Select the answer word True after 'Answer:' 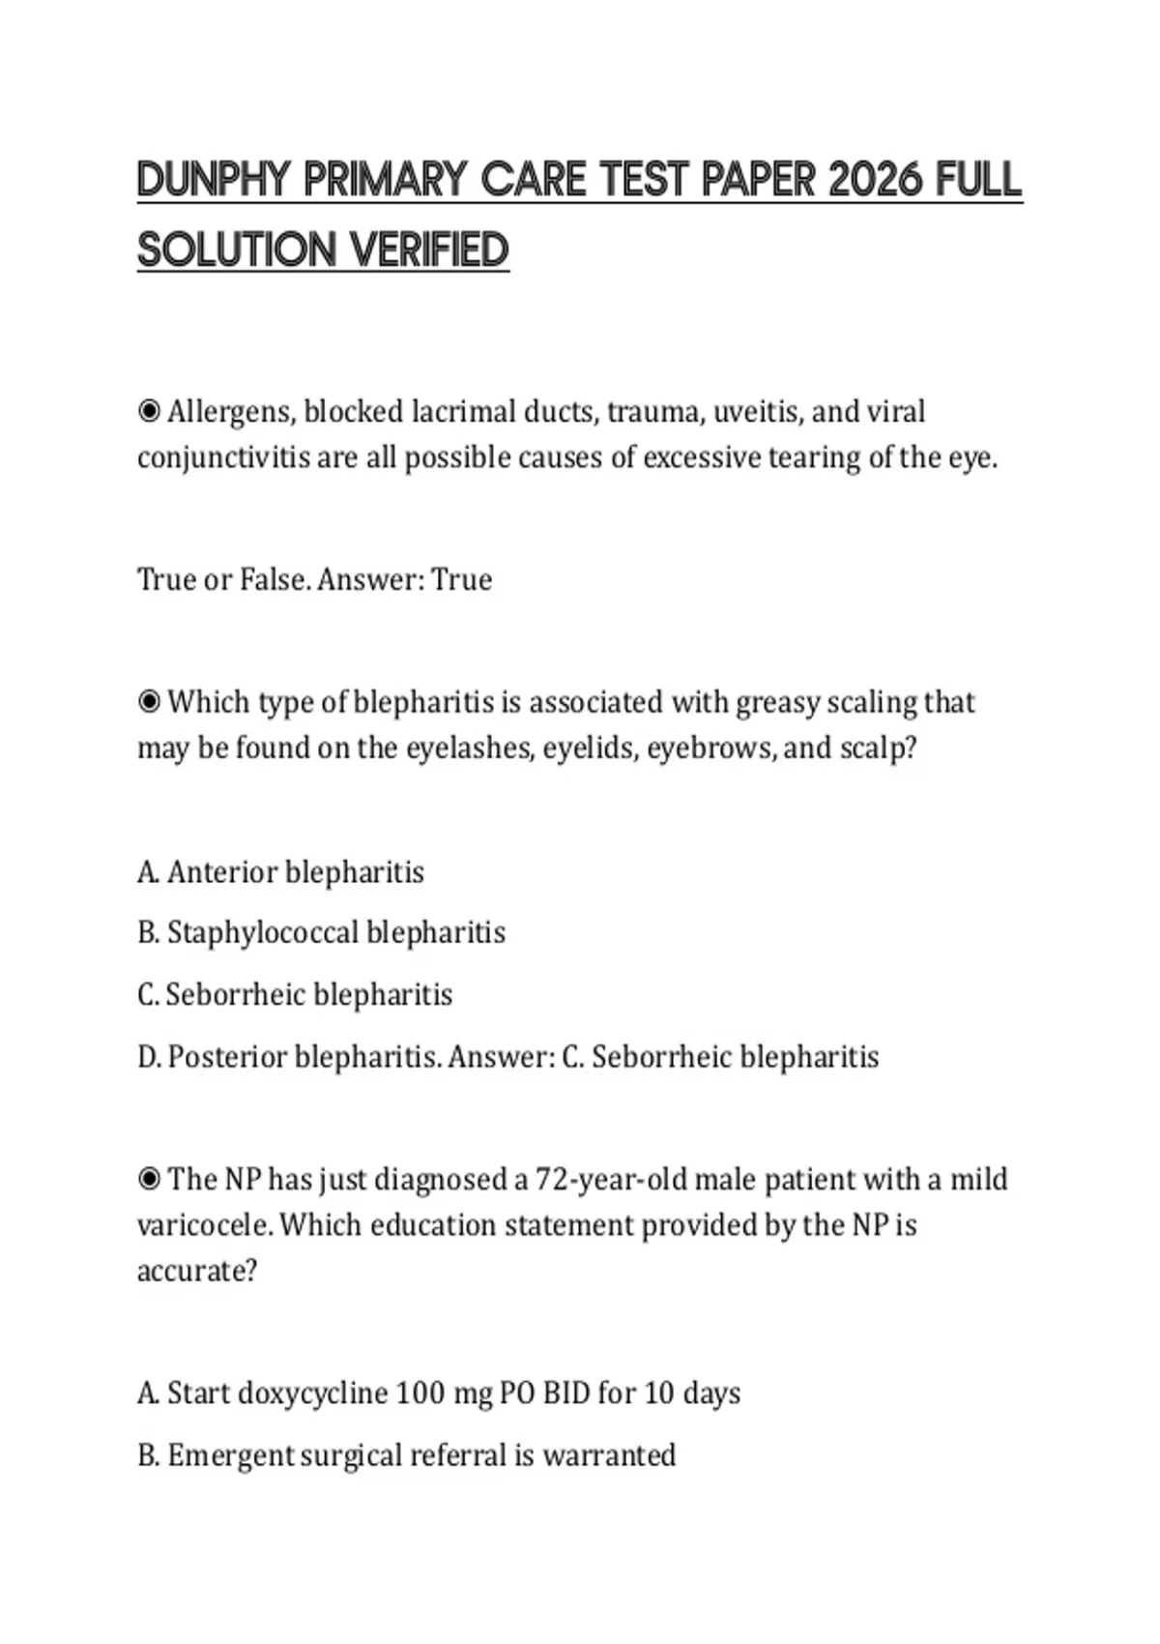461,579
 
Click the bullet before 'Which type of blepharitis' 149,702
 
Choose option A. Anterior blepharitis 280,872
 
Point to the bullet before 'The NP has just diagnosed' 149,1180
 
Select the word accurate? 197,1271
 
